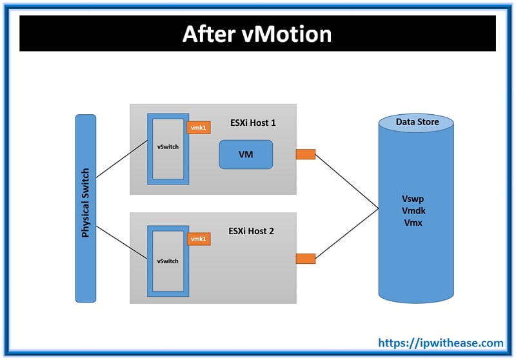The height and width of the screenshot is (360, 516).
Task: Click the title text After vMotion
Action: [257, 34]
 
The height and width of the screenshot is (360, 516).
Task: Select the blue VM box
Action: [245, 155]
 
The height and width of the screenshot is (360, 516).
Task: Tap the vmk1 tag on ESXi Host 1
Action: [198, 128]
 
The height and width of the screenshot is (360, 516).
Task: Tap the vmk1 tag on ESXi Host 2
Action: [198, 239]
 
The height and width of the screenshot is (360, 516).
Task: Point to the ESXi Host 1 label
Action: [252, 122]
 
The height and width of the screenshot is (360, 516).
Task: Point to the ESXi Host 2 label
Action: [252, 230]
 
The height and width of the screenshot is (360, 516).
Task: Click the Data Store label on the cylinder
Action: [417, 122]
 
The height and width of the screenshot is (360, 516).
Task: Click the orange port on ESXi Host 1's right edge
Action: [305, 154]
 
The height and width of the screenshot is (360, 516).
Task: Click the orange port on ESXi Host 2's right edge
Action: [305, 259]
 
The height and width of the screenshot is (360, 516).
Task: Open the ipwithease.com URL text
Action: [440, 343]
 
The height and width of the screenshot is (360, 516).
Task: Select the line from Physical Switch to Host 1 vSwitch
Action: [121, 160]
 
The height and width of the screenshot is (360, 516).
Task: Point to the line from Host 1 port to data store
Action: [346, 181]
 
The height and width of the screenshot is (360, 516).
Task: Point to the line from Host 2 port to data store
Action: [346, 234]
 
